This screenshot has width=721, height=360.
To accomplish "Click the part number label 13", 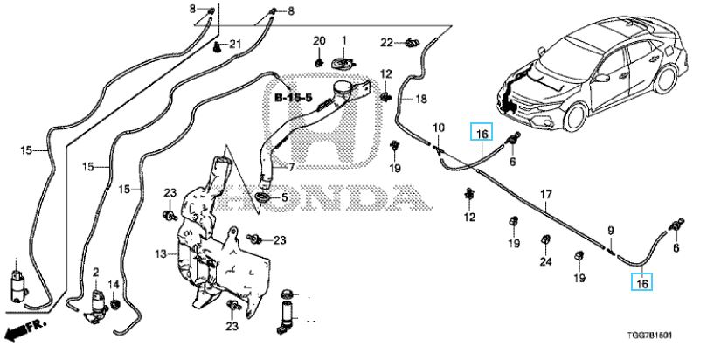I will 160,254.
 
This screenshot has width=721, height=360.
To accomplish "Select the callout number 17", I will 545,194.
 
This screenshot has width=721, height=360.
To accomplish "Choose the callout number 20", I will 318,40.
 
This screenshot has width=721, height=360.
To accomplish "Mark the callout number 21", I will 234,44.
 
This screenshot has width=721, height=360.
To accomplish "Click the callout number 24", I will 546,260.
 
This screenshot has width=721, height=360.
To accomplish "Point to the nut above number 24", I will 545,239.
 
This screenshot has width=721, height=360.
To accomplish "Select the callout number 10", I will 439,128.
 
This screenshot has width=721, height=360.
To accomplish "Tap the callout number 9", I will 611,230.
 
